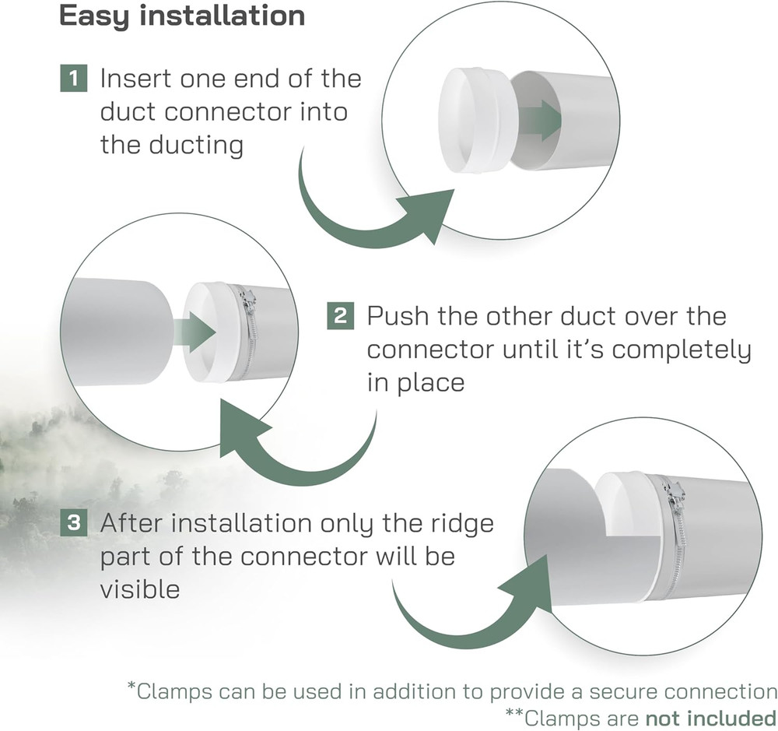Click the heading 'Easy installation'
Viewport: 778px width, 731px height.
(181, 16)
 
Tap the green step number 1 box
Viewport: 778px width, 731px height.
(73, 78)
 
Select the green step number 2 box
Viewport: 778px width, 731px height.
(341, 316)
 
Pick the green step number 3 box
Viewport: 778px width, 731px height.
(73, 522)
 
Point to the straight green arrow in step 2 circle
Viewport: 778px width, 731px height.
(194, 332)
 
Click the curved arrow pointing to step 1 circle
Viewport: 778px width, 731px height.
(367, 209)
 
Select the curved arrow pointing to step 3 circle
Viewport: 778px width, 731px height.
(471, 611)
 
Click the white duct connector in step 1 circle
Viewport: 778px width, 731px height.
(475, 121)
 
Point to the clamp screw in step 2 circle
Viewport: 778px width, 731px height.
(249, 301)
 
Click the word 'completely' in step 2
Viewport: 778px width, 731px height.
(682, 351)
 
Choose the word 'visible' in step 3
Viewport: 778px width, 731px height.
(140, 589)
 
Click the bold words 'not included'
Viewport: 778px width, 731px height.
(711, 718)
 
